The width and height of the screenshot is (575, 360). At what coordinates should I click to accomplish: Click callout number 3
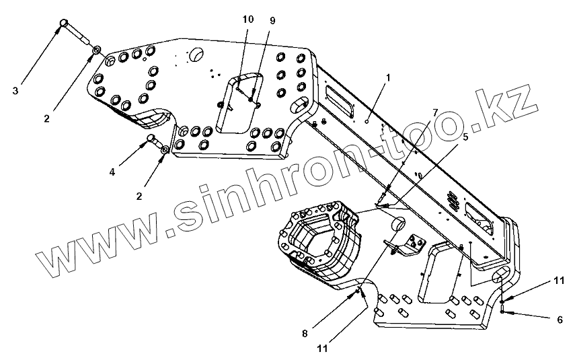coord(15,89)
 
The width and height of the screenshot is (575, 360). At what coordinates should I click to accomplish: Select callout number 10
coord(247,20)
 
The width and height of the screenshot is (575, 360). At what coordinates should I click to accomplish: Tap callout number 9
coord(272,21)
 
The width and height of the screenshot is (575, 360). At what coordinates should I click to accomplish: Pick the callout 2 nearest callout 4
coord(139,196)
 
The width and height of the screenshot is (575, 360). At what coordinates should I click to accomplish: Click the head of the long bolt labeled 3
coord(64,24)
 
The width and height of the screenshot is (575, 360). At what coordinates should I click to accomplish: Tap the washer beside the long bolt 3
coord(96,50)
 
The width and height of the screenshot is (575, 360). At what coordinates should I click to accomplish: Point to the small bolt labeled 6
coord(502,310)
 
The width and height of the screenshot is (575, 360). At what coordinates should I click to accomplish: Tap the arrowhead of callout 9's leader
coord(252,100)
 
